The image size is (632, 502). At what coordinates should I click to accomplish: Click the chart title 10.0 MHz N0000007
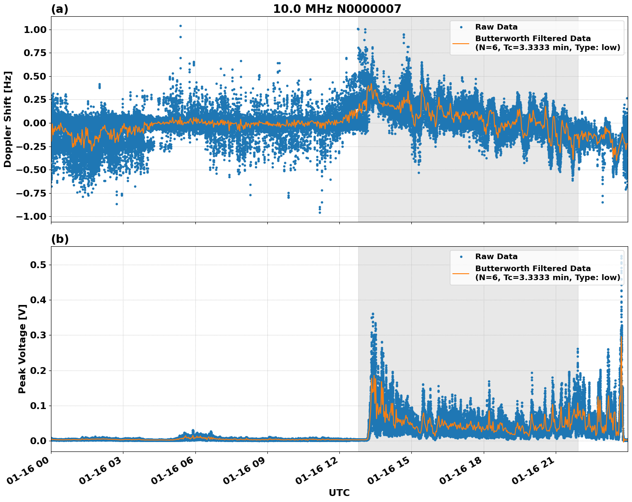click(337, 9)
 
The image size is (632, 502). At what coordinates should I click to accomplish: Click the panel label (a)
click(60, 9)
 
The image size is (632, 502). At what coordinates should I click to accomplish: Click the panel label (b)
click(60, 239)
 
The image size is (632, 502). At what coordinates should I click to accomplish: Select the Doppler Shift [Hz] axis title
click(8, 119)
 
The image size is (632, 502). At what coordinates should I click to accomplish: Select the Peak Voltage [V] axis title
click(22, 349)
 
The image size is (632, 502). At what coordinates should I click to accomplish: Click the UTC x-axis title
click(339, 493)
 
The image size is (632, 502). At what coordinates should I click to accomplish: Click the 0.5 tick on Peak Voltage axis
click(38, 265)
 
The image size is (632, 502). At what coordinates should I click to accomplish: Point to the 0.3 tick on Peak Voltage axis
click(38, 335)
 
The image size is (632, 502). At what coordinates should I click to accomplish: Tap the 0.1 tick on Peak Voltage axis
click(38, 406)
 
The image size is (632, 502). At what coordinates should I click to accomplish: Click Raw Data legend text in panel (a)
click(496, 27)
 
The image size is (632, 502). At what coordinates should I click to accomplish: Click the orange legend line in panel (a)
click(461, 43)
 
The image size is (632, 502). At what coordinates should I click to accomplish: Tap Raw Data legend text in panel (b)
click(496, 257)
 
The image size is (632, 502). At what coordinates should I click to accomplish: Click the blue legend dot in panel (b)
click(461, 257)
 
